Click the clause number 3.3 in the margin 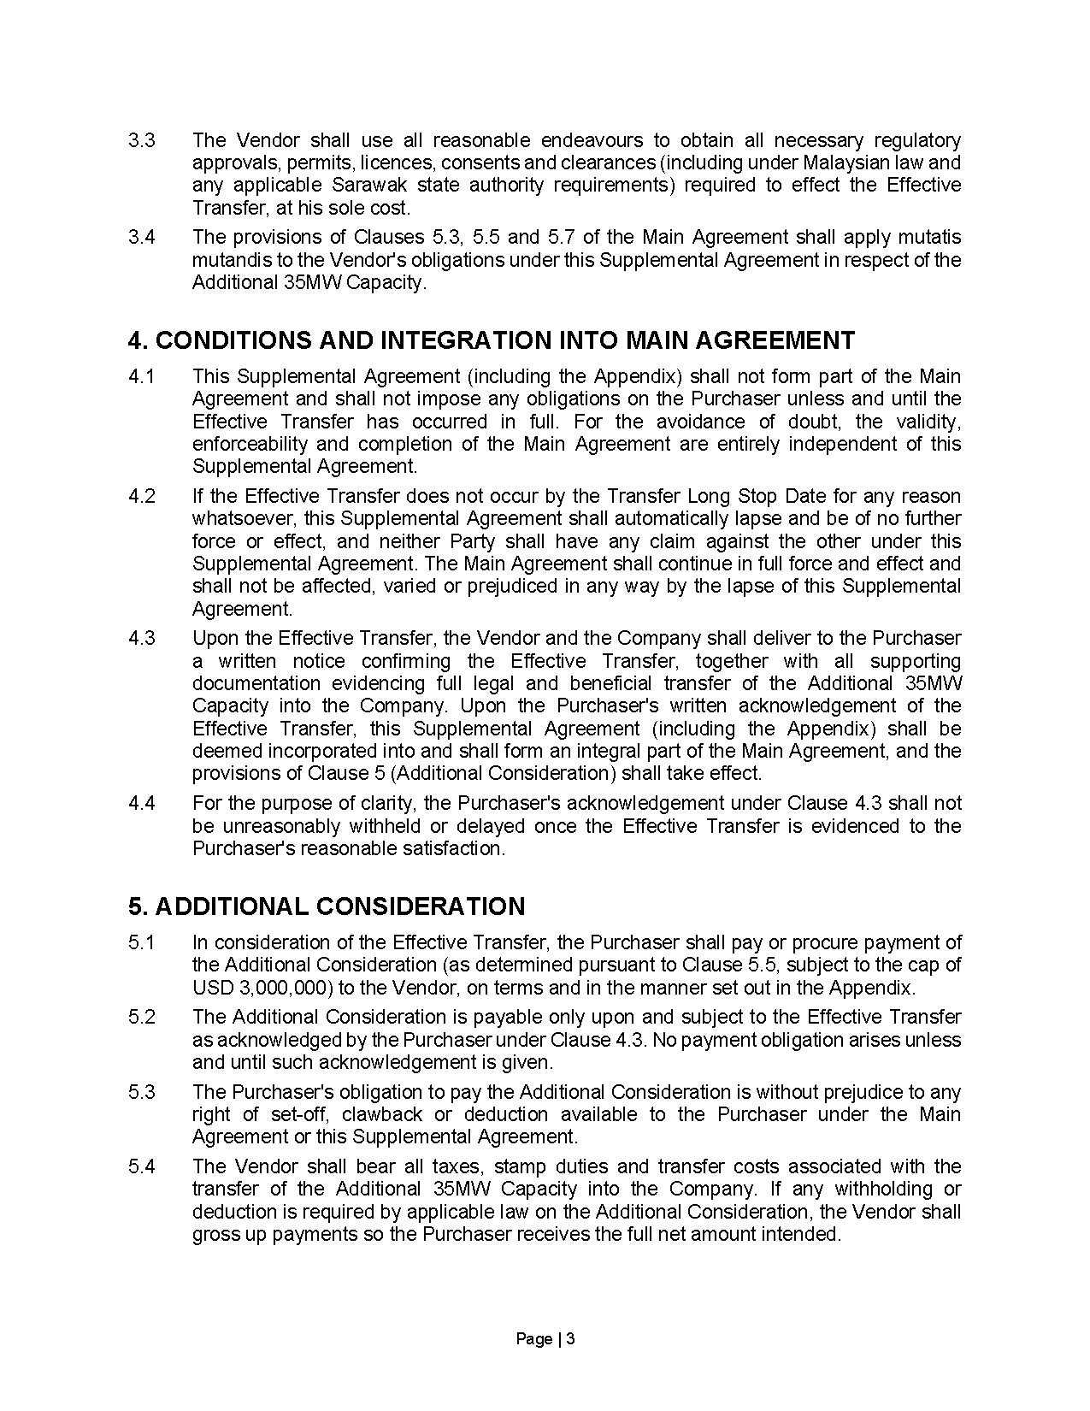pos(141,140)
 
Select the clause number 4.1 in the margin pos(141,376)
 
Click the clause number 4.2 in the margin pos(141,496)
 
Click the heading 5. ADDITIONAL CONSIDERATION pos(327,906)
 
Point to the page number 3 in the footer pos(570,1339)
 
